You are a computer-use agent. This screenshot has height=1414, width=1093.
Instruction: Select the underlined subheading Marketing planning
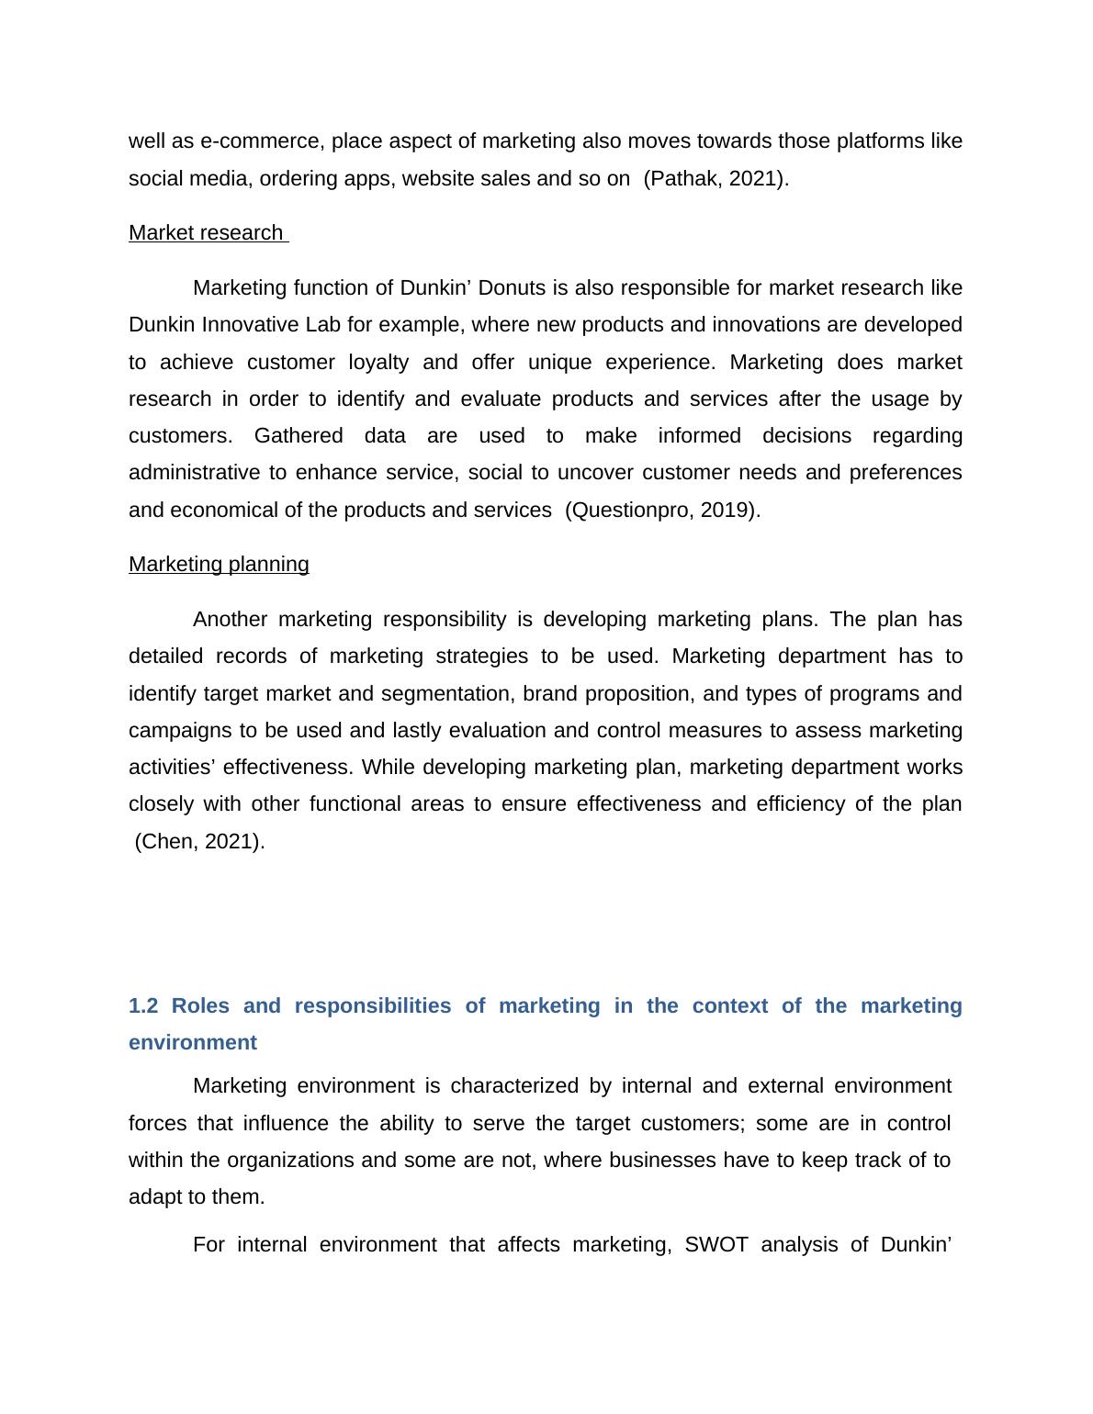(219, 565)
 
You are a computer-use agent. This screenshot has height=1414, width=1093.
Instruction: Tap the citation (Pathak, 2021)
(716, 179)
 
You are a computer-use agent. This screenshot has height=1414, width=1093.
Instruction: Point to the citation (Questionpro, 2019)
(662, 511)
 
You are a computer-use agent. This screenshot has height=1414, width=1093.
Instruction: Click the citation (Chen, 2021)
(199, 842)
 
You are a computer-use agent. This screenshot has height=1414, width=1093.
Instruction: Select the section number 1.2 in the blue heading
(143, 1006)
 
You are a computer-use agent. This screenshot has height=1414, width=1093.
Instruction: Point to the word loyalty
(378, 363)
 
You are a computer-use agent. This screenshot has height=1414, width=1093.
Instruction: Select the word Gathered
(298, 436)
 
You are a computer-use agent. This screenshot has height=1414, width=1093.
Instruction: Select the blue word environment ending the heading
(193, 1043)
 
